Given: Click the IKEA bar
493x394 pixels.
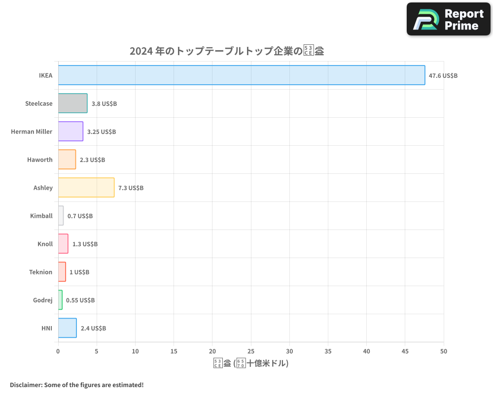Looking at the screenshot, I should pyautogui.click(x=242, y=75).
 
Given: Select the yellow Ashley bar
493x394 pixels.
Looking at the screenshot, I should pyautogui.click(x=86, y=188).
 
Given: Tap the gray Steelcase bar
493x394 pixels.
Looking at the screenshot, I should pyautogui.click(x=73, y=103).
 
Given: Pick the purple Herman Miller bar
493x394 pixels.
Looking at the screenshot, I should pyautogui.click(x=70, y=131).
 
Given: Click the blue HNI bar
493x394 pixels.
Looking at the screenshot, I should pyautogui.click(x=68, y=328).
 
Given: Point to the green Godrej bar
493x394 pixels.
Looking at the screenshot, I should pyautogui.click(x=60, y=300).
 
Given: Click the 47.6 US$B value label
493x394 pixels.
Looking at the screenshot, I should pyautogui.click(x=443, y=75).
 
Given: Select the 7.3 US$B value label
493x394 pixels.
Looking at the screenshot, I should pyautogui.click(x=131, y=188).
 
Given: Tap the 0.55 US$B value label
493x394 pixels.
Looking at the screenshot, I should pyautogui.click(x=80, y=300).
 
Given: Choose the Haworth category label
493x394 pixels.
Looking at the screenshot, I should pyautogui.click(x=40, y=160).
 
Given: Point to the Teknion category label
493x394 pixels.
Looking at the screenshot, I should pyautogui.click(x=40, y=272).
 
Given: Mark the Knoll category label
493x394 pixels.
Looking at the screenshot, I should pyautogui.click(x=45, y=244).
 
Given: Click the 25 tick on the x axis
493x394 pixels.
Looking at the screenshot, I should pyautogui.click(x=251, y=351).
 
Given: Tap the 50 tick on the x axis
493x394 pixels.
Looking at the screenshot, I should pyautogui.click(x=444, y=351).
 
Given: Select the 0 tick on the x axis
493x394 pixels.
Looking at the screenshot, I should pyautogui.click(x=58, y=351).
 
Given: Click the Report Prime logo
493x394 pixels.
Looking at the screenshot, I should pyautogui.click(x=449, y=19).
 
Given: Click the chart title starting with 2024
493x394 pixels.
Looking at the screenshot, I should pyautogui.click(x=226, y=51).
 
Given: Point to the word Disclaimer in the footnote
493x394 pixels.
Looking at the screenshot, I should pyautogui.click(x=25, y=385).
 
